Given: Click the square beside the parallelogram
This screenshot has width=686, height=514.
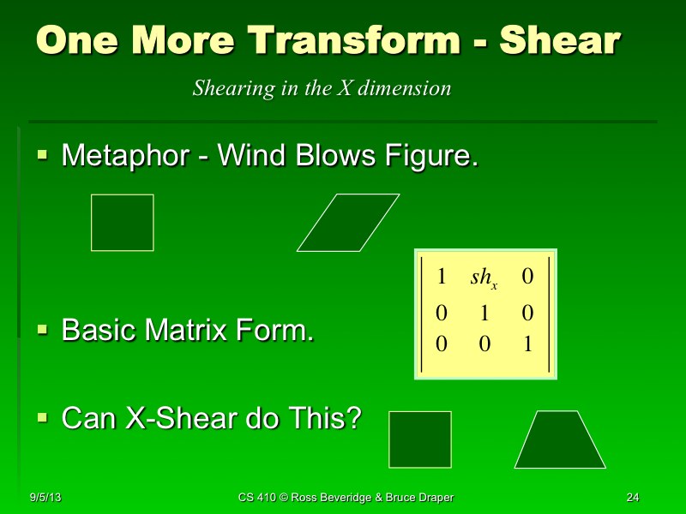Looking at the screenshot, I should pyautogui.click(x=123, y=223).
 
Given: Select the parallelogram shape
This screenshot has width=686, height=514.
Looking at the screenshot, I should pyautogui.click(x=347, y=223).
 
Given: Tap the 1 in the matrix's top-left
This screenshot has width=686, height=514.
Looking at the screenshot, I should pyautogui.click(x=442, y=277).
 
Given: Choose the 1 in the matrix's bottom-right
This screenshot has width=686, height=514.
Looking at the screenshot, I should pyautogui.click(x=527, y=344).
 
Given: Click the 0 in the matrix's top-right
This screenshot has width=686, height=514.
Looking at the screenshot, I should pyautogui.click(x=527, y=277).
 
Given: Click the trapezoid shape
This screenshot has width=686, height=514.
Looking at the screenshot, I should pyautogui.click(x=560, y=440).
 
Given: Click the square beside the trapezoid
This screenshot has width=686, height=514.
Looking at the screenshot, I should pyautogui.click(x=420, y=439).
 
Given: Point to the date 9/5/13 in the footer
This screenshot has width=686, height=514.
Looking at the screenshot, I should pyautogui.click(x=45, y=497).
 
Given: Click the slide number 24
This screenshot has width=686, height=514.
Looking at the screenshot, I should pyautogui.click(x=633, y=497).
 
